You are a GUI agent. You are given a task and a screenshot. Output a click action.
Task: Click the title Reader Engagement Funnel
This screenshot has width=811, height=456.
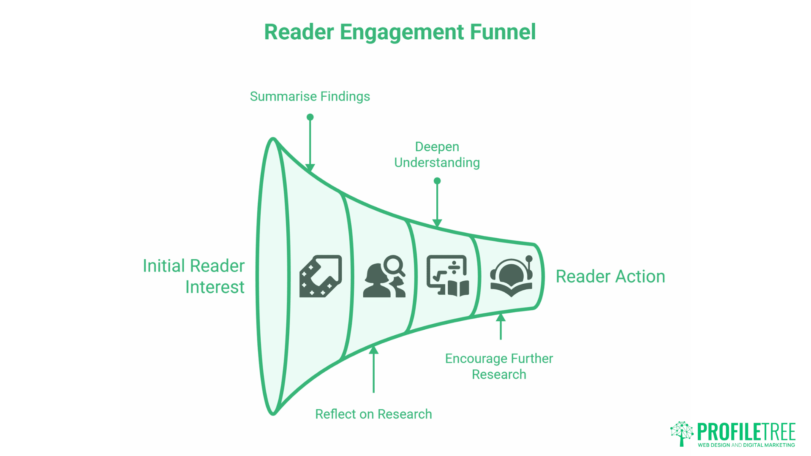[400, 32]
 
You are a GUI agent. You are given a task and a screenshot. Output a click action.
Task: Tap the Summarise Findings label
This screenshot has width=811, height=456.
[310, 96]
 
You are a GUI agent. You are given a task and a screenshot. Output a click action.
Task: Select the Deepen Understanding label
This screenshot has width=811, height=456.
[437, 155]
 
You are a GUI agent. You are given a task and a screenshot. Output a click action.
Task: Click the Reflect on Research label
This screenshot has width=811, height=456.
[373, 414]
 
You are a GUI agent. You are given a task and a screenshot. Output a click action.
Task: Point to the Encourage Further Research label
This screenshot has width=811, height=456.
[499, 366]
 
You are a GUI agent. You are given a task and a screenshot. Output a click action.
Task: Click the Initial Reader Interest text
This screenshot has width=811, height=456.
[194, 276]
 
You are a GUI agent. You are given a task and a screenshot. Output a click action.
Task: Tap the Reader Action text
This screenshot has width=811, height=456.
[610, 277]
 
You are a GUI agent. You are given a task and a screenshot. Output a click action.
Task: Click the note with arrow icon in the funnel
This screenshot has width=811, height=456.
[320, 276]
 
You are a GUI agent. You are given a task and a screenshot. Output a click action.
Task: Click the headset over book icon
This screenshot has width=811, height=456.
[511, 276]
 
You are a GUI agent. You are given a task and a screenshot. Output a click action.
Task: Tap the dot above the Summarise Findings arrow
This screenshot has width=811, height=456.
[310, 117]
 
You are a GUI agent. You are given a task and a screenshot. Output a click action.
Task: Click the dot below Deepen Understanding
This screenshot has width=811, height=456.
[437, 181]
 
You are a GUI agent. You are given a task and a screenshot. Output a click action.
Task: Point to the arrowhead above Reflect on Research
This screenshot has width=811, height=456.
[373, 350]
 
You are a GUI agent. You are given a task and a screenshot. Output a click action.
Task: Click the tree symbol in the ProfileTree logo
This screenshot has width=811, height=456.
[681, 433]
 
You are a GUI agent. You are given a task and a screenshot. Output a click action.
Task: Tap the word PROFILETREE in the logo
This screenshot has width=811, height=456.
[746, 432]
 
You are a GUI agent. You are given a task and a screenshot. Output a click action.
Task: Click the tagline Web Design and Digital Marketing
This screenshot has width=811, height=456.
[746, 445]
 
